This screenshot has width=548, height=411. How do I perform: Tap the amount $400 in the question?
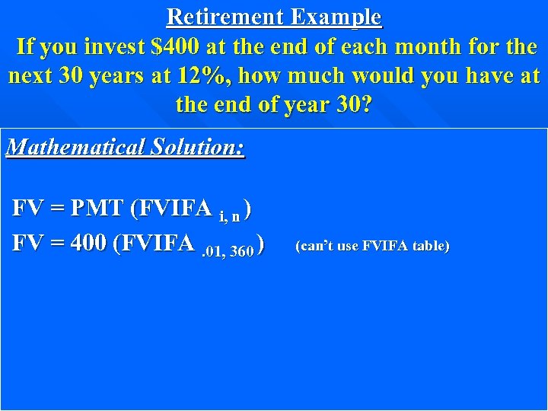(x=176, y=47)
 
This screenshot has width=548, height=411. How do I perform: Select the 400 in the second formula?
(x=88, y=244)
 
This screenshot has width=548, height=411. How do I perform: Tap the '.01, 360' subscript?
(x=227, y=251)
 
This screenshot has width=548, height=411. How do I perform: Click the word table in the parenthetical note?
(x=430, y=246)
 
